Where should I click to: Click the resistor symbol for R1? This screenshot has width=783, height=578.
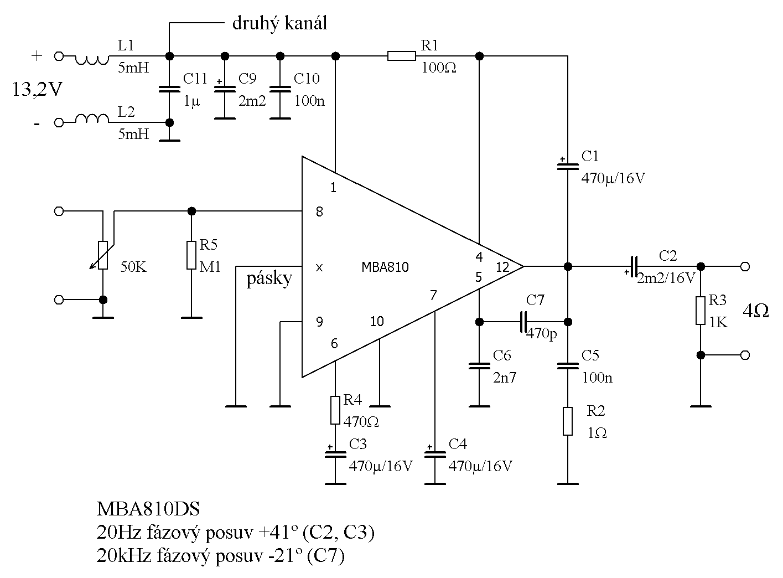(401, 55)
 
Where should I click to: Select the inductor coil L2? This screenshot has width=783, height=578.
(92, 119)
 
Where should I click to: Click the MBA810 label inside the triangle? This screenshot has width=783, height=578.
(385, 267)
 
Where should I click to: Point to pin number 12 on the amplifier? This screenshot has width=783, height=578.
(502, 267)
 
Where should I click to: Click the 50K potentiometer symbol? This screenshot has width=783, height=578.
(103, 255)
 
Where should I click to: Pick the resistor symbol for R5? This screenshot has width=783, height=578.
(191, 255)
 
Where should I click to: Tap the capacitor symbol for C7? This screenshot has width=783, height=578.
(523, 322)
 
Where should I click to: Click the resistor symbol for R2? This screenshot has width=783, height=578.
(568, 421)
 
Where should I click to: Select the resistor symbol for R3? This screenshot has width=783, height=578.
(701, 311)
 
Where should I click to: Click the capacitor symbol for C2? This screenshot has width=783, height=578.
(634, 266)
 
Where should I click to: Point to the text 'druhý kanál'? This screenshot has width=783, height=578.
(280, 23)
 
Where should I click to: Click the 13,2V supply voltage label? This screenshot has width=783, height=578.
(38, 89)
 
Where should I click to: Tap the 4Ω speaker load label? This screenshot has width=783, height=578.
(755, 311)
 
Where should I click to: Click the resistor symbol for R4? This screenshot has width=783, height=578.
(335, 410)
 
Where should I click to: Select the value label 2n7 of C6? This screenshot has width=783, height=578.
(504, 378)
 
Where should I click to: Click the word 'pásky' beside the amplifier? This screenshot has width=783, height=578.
(269, 278)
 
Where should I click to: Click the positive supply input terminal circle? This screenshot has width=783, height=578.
(58, 56)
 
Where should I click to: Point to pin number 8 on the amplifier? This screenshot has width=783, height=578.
(319, 212)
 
